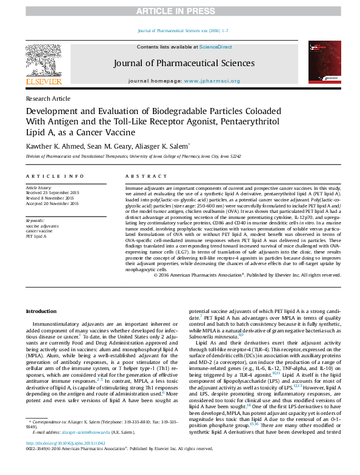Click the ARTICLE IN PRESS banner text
pos(179,12)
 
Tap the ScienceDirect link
pos(216,47)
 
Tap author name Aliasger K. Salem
pos(162,146)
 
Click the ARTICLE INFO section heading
pos(55,176)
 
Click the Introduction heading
pos(41,311)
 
